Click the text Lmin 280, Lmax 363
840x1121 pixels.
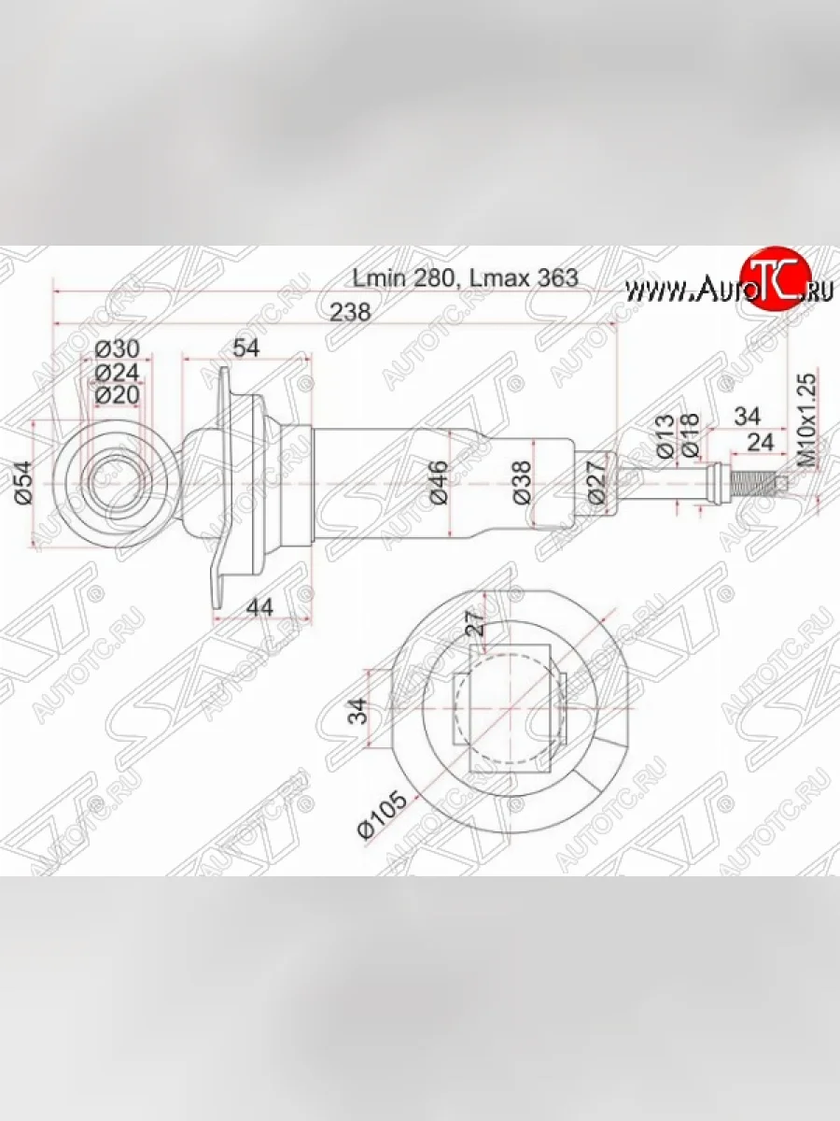pos(464,277)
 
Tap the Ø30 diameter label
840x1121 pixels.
pos(118,349)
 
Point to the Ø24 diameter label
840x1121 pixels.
pos(118,372)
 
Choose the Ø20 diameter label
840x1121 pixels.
pos(118,394)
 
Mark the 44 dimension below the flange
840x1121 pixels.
pos(262,607)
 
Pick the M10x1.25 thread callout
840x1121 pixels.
pos(809,420)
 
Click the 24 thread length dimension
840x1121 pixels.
pos(762,442)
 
